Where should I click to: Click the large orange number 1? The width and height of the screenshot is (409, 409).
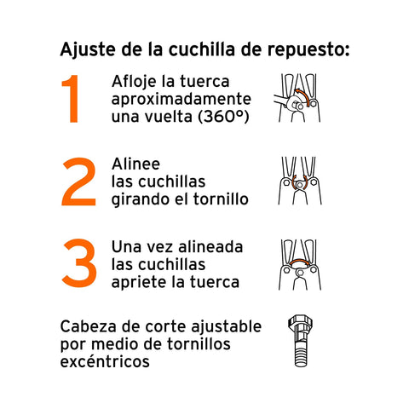click(71, 99)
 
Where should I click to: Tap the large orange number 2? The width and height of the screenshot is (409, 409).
click(79, 181)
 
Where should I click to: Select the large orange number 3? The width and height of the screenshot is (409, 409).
click(79, 263)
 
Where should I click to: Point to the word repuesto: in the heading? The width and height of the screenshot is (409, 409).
click(308, 50)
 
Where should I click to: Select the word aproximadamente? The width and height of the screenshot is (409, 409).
click(181, 100)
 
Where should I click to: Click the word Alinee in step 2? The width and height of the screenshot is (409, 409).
click(135, 164)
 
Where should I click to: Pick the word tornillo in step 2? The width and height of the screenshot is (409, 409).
click(221, 199)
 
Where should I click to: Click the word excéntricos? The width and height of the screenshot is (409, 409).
click(105, 361)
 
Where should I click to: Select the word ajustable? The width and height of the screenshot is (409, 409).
click(226, 327)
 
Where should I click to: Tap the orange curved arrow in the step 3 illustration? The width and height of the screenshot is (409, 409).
click(299, 262)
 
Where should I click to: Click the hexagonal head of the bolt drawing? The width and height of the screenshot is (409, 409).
click(300, 322)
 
